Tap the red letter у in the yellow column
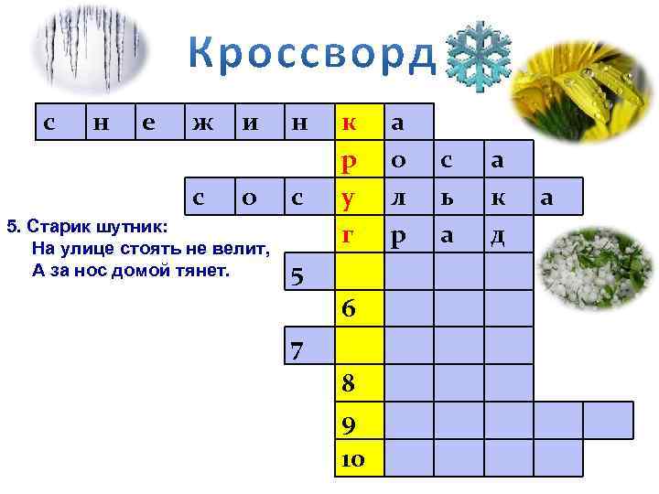(x=348, y=198)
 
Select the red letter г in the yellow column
(x=348, y=235)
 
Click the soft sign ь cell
(x=446, y=198)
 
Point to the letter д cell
(x=497, y=235)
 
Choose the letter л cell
(x=397, y=198)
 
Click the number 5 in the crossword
(x=297, y=275)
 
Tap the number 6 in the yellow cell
(x=349, y=309)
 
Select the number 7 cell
(x=297, y=349)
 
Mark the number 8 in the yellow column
(x=349, y=384)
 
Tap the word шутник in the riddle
(x=130, y=225)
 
